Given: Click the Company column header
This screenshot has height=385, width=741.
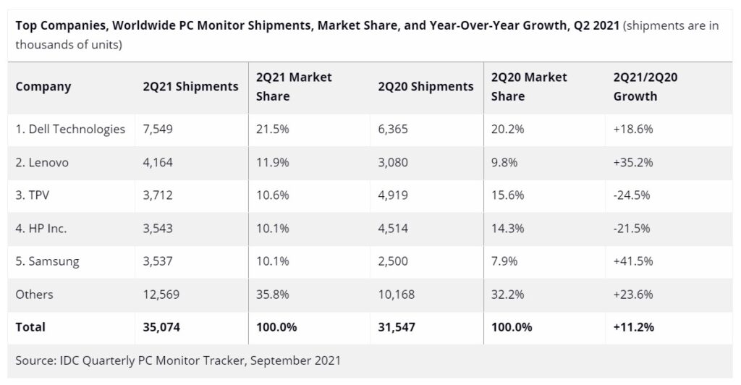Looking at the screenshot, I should [x=43, y=87].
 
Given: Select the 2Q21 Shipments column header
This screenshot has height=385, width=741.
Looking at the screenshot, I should [x=190, y=87].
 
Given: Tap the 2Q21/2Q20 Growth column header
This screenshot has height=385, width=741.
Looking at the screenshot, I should [x=645, y=87].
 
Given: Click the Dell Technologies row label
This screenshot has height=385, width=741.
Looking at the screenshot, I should [x=70, y=130].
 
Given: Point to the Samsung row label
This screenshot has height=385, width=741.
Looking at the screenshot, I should [x=47, y=261].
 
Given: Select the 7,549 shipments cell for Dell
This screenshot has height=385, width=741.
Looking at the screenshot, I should [x=158, y=130].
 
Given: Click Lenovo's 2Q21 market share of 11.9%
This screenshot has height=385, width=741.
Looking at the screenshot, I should [x=273, y=162].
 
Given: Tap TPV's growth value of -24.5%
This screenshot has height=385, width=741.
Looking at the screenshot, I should [x=633, y=195].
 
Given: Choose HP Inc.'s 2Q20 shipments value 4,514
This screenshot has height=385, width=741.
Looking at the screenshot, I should [x=393, y=229].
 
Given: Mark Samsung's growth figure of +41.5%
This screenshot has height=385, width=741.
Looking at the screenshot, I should [x=633, y=261].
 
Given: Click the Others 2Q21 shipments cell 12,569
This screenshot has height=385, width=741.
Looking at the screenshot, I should [x=161, y=295].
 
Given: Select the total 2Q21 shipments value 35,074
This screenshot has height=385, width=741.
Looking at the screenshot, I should [x=161, y=327].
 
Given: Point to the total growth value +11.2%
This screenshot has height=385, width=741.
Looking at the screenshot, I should [x=634, y=327].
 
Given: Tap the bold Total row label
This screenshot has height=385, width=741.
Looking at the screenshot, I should [x=30, y=327].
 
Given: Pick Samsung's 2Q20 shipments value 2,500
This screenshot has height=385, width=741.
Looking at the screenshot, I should [x=393, y=261].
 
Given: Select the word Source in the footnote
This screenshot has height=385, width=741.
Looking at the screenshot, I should [x=34, y=360].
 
